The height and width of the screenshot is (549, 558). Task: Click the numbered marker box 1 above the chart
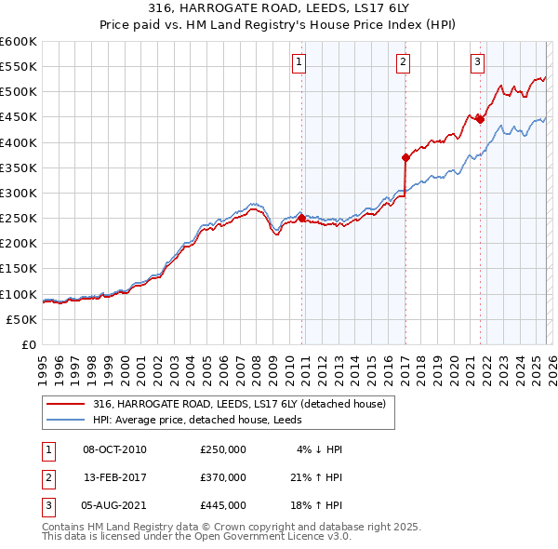click(x=299, y=62)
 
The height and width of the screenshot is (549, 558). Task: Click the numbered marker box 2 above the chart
click(x=404, y=62)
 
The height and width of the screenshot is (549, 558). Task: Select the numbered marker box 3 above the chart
click(x=477, y=62)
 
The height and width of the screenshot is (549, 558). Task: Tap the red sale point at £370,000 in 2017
click(x=405, y=157)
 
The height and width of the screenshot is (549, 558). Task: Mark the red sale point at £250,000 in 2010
click(x=301, y=218)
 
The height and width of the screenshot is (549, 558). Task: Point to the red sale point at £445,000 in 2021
click(x=480, y=119)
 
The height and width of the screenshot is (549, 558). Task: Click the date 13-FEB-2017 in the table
click(x=114, y=477)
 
